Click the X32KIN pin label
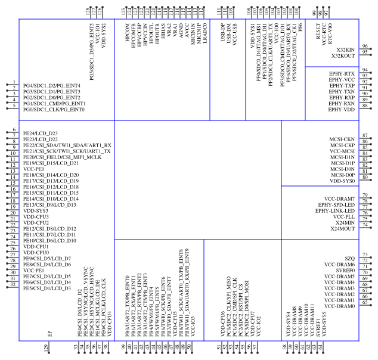pyautogui.click(x=345, y=50)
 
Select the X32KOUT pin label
pyautogui.click(x=343, y=56)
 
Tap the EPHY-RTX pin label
pyautogui.click(x=342, y=74)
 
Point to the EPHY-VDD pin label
pyautogui.click(x=342, y=110)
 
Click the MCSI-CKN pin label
pyautogui.click(x=342, y=139)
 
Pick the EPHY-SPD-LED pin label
pyautogui.click(x=336, y=205)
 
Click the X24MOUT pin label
pyautogui.click(x=342, y=229)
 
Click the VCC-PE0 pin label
pyautogui.click(x=33, y=169)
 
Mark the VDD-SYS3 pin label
pyautogui.click(x=36, y=211)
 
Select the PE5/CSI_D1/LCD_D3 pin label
pyautogui.click(x=47, y=288)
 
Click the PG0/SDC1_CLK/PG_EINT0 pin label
pyautogui.click(x=54, y=110)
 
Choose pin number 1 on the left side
pyautogui.click(x=14, y=82)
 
